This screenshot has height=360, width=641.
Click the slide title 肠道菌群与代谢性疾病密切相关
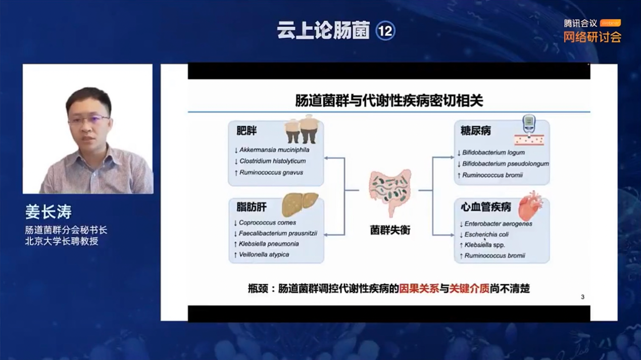coord(389,100)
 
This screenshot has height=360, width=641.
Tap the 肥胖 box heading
coord(246,131)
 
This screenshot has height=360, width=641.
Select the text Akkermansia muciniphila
coord(274,150)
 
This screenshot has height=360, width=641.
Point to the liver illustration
coord(300,204)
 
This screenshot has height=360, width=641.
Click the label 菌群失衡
coord(390,230)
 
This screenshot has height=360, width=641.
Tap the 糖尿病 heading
coord(475,131)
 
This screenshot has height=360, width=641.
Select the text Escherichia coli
coord(486,234)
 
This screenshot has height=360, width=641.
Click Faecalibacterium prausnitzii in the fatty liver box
coord(278,233)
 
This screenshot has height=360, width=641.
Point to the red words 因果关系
coord(419,289)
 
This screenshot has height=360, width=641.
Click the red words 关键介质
coord(469,289)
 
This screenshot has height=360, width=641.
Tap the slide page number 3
coord(582,297)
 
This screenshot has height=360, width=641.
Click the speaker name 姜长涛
coord(48,212)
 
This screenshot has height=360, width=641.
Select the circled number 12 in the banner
coord(385,31)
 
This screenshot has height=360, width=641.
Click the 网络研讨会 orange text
coord(592,37)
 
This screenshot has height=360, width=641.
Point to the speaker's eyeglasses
coord(88,120)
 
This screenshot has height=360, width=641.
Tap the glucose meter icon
coord(528,124)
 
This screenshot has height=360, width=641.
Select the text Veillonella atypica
coord(264,254)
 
